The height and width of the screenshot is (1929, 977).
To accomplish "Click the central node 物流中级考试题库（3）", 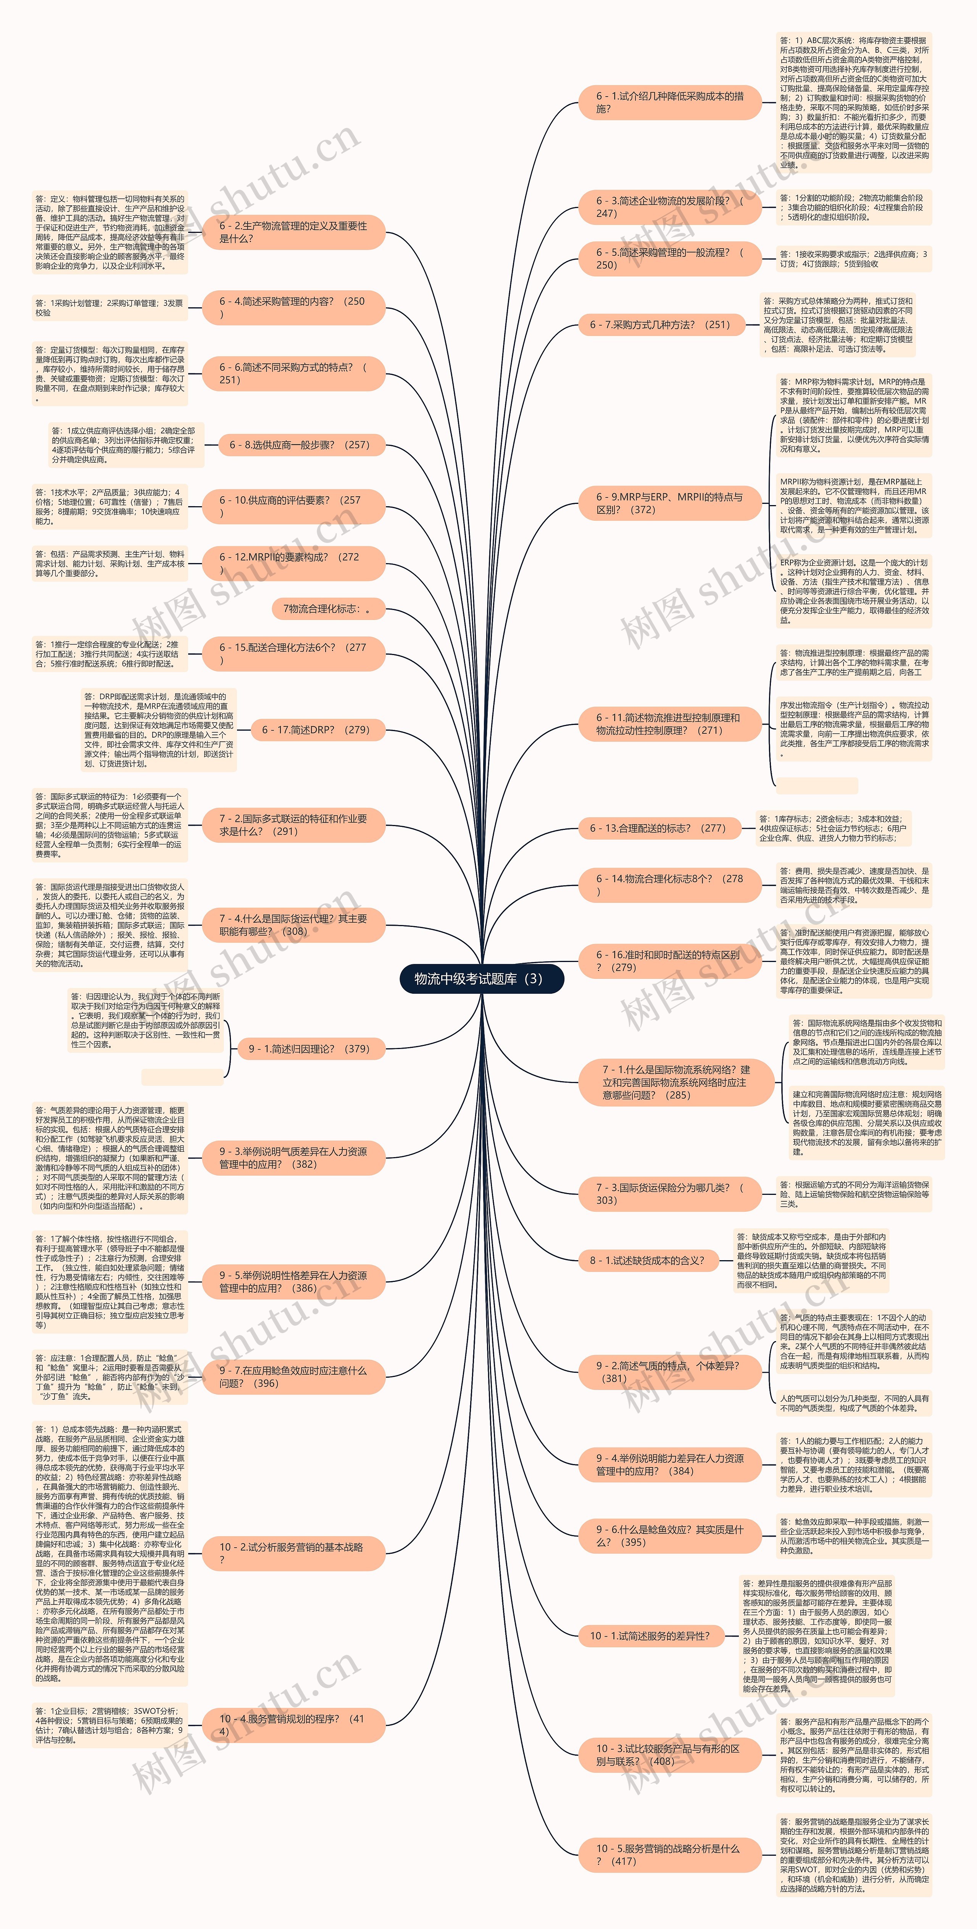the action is pos(481,979).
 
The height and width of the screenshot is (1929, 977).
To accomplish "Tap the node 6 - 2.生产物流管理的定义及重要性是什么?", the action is pos(293,232).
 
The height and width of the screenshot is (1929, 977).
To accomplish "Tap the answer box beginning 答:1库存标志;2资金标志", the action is pos(832,828).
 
